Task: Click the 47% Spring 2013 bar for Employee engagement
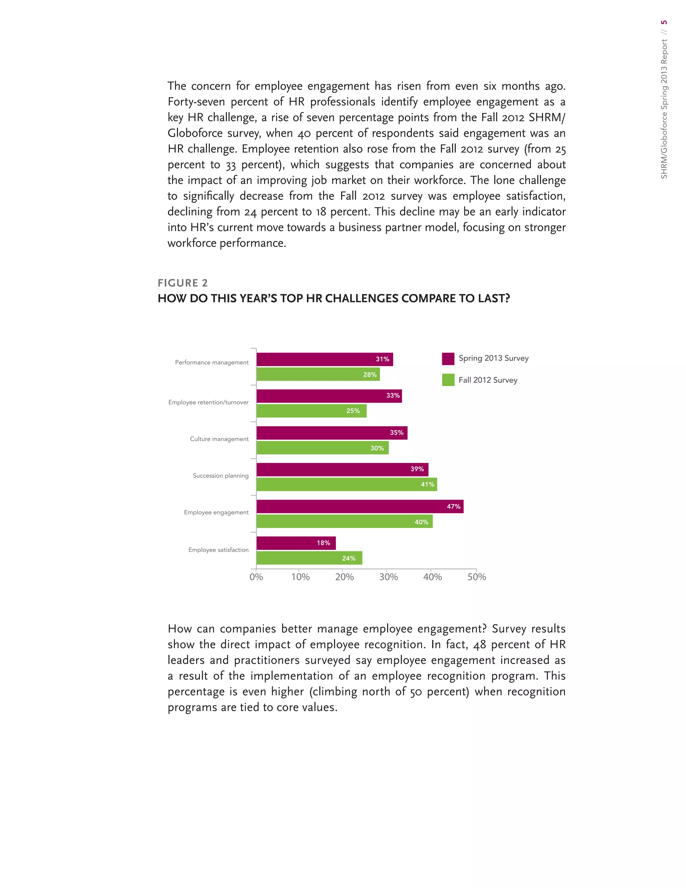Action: pos(360,506)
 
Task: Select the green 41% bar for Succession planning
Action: pos(346,484)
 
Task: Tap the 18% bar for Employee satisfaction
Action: pos(296,543)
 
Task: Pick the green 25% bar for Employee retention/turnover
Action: pos(311,411)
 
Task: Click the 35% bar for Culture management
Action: pos(332,433)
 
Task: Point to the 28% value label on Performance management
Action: pos(369,375)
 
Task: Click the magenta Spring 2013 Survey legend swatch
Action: pos(448,359)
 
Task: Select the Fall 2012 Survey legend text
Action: pos(488,380)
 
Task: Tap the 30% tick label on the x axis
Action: pos(388,577)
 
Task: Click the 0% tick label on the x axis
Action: pos(256,577)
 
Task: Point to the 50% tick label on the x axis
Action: pos(476,577)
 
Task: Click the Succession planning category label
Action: pos(220,476)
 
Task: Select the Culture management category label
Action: pos(219,439)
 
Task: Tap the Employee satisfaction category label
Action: pos(218,550)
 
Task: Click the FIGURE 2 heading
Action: pos(183,283)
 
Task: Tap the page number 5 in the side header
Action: pos(664,22)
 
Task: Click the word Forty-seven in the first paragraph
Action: pos(196,102)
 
